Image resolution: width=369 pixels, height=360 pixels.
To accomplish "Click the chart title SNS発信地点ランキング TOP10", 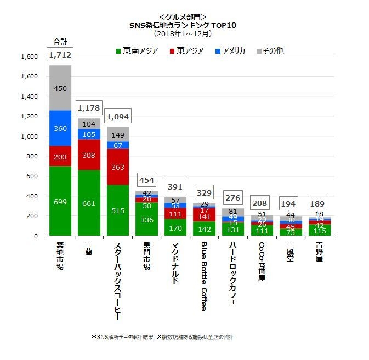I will point(182,25).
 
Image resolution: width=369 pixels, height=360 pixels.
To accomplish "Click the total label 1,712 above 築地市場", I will point(60,54).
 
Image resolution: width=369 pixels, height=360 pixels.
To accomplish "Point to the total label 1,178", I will point(89,107).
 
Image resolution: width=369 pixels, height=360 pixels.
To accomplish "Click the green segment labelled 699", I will point(60,201).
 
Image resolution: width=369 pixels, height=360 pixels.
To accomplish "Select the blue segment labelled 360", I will point(60,128).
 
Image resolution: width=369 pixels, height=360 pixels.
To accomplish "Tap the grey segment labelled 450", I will point(60,88).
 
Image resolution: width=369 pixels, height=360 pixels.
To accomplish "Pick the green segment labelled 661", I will point(89,203).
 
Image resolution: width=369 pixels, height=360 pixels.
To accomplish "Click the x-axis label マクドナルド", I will point(174,262).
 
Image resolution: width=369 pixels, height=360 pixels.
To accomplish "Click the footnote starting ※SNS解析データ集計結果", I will point(166,336).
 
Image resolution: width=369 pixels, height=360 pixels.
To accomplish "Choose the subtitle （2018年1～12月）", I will point(182,33).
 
